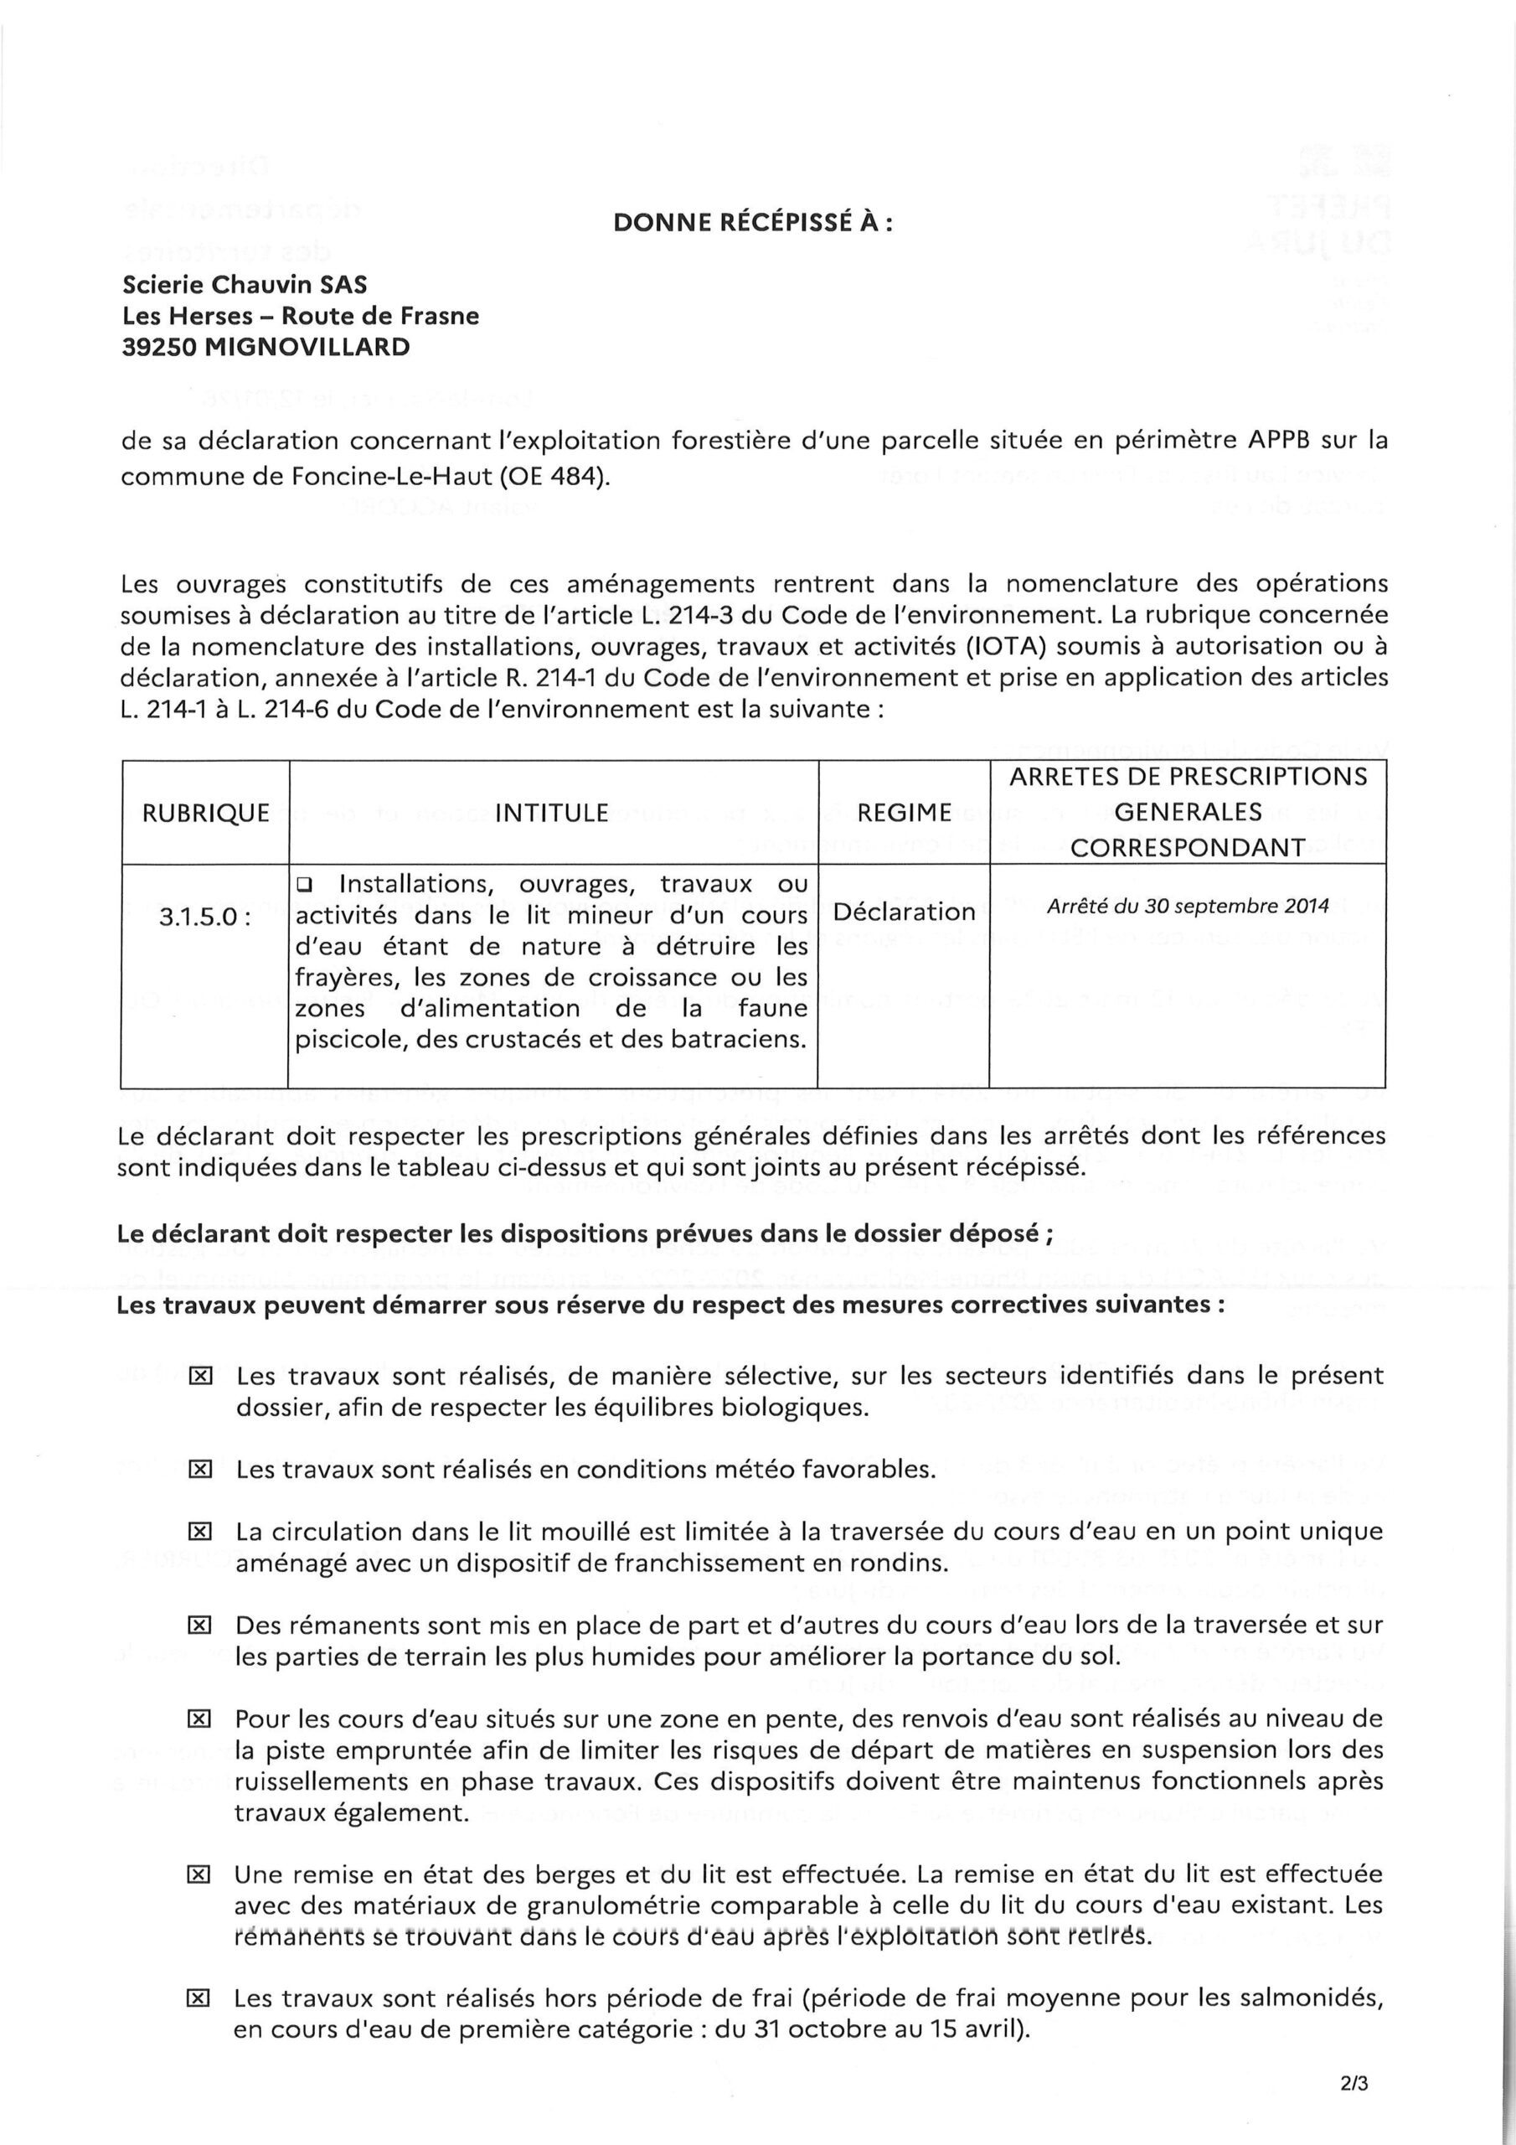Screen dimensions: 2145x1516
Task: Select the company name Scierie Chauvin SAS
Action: point(245,284)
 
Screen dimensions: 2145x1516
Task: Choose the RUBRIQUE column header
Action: point(205,813)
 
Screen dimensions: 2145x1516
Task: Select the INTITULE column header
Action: point(552,813)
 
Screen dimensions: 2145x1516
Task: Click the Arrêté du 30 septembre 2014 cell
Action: point(1187,907)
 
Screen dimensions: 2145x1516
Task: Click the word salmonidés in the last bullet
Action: point(1314,1998)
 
